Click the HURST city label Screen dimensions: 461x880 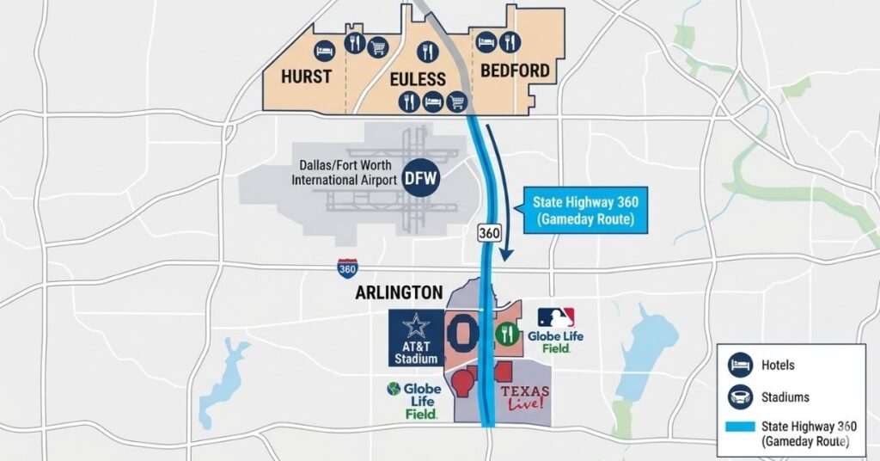[x=306, y=77]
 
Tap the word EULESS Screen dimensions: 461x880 [x=419, y=79]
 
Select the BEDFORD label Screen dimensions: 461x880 [x=515, y=71]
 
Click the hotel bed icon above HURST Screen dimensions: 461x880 [x=324, y=49]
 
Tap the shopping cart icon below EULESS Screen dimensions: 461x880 [x=458, y=102]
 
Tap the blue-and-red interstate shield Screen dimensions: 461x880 [x=348, y=268]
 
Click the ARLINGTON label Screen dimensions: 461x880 [x=399, y=292]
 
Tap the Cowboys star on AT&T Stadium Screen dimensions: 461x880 [x=417, y=327]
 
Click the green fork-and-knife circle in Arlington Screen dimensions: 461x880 [x=507, y=334]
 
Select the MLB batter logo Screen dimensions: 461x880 [x=556, y=318]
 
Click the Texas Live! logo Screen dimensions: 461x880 [x=524, y=398]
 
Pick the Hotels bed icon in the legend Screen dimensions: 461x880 [x=738, y=366]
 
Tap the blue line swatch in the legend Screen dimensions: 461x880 [x=738, y=427]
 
